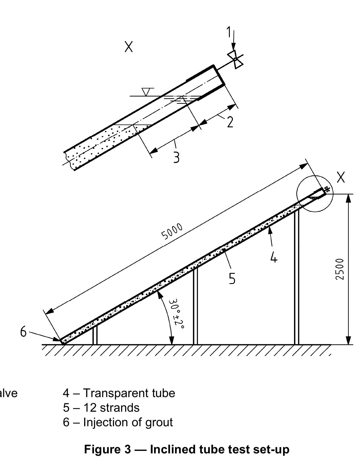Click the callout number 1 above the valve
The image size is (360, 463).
[x=229, y=32]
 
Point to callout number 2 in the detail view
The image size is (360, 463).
[x=230, y=122]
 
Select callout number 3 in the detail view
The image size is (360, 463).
[x=176, y=157]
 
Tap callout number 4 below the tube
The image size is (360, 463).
[x=273, y=257]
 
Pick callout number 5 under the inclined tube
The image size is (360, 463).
[x=232, y=278]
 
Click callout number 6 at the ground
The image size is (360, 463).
[x=23, y=332]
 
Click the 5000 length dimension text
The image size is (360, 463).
[x=172, y=231]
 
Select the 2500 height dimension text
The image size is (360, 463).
[x=340, y=269]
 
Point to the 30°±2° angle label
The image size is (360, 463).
[x=177, y=314]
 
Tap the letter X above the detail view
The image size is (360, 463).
[x=129, y=46]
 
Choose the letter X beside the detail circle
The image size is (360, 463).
[x=341, y=177]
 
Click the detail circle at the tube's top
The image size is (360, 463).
[x=315, y=194]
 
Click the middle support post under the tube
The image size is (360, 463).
[x=195, y=306]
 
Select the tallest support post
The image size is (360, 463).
[x=297, y=277]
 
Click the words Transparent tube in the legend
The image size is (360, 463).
[x=129, y=393]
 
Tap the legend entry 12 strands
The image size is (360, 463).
[x=111, y=408]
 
